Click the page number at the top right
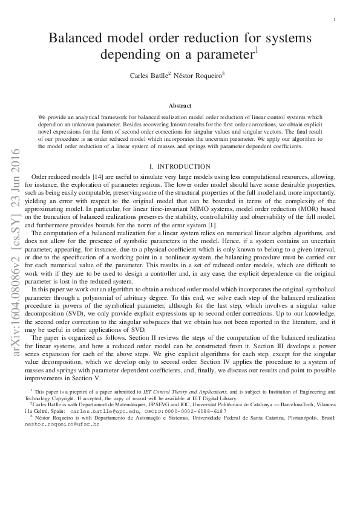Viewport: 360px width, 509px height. [335, 21]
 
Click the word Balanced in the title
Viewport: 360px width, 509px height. [79, 38]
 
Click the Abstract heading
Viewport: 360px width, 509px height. [180, 105]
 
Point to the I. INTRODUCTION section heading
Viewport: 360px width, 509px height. [179, 165]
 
